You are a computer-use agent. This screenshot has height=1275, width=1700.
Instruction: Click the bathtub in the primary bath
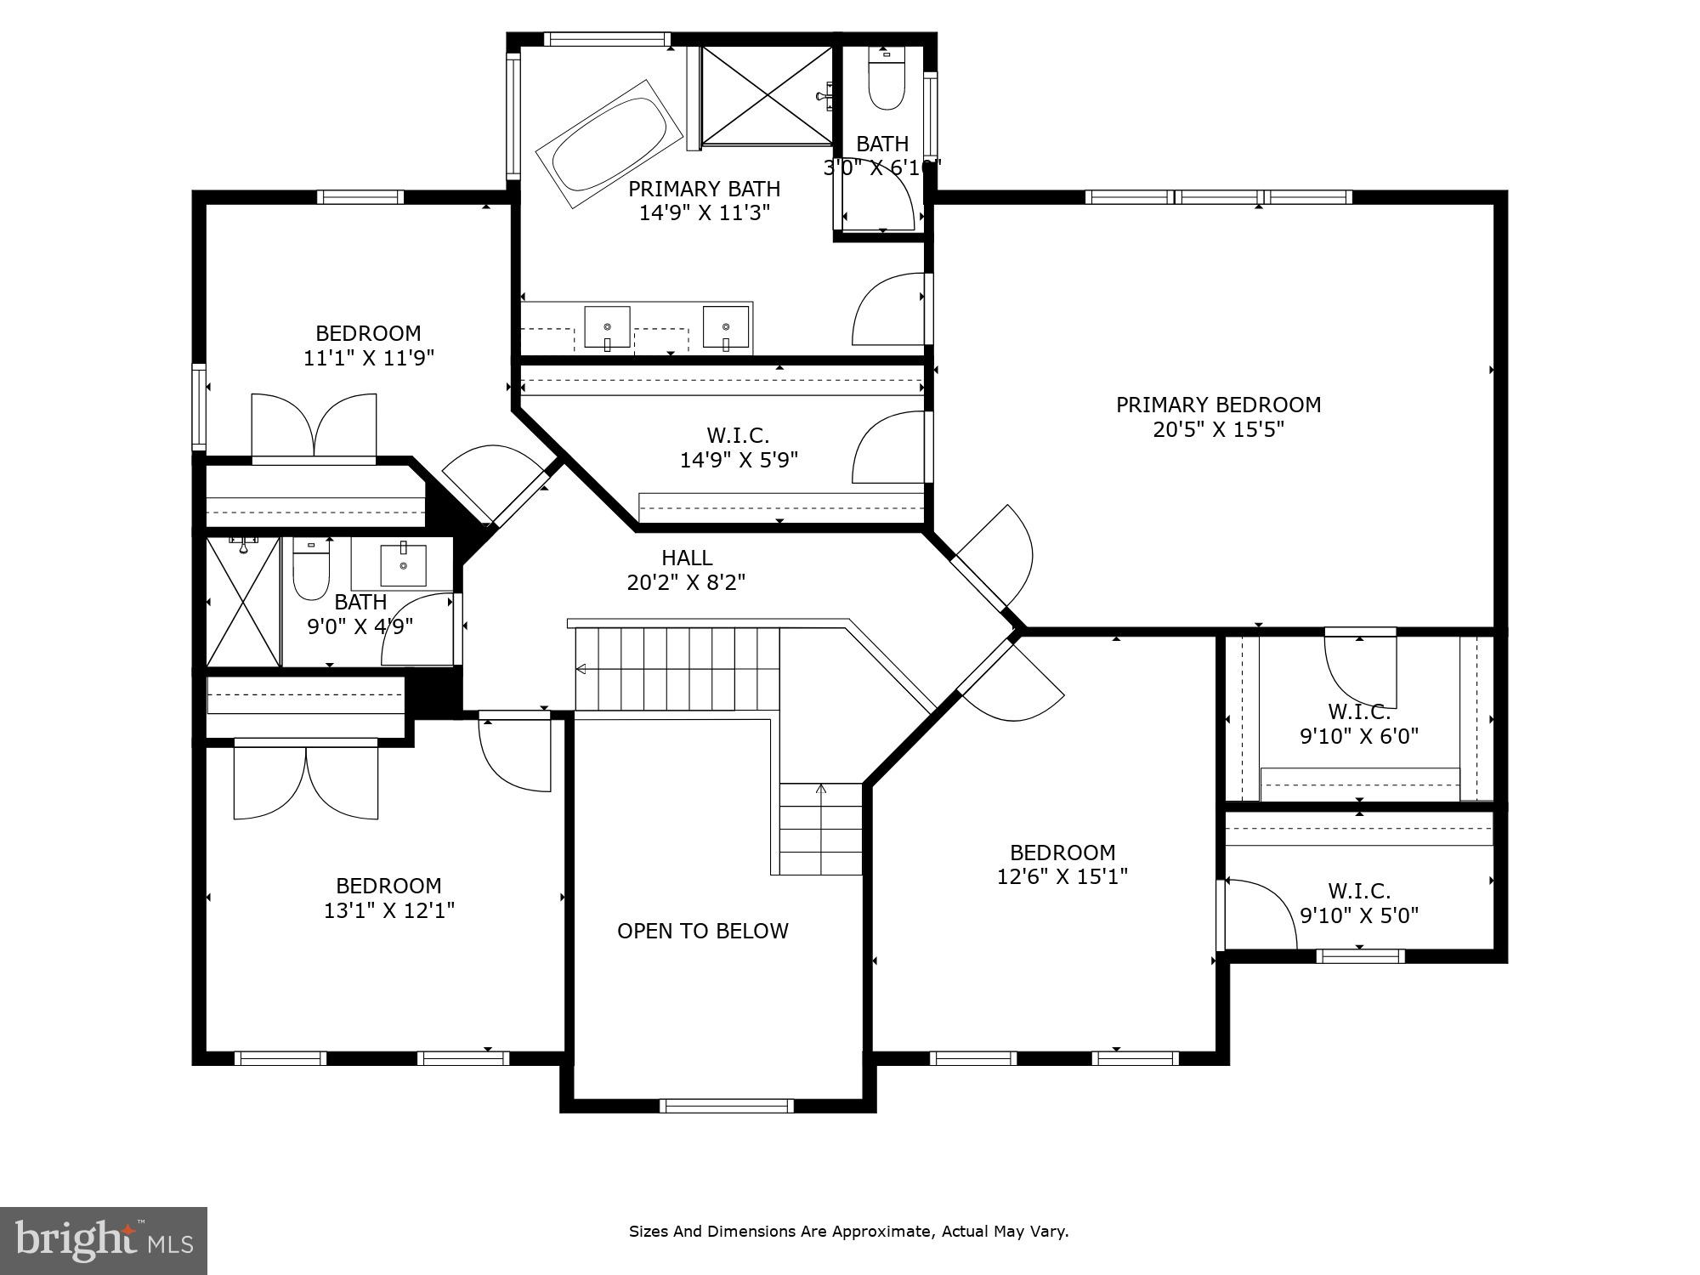(x=610, y=144)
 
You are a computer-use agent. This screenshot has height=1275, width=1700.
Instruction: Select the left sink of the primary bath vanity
(x=607, y=327)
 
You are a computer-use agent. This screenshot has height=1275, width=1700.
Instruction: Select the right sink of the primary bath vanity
(x=726, y=327)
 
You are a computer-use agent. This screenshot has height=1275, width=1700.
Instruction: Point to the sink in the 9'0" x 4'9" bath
(x=403, y=564)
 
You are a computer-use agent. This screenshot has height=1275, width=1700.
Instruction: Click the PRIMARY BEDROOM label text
(x=1218, y=405)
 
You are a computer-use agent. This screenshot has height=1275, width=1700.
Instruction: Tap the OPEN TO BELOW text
(x=702, y=931)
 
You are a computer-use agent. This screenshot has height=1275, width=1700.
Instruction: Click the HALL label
(x=687, y=558)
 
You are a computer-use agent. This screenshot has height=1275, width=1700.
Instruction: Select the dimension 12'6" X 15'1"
(x=1062, y=876)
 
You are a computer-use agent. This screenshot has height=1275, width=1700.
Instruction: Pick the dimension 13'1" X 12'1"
(x=388, y=910)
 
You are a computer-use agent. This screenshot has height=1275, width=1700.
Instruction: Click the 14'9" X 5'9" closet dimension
(x=738, y=460)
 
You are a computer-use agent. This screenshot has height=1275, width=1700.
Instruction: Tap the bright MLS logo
(x=103, y=1240)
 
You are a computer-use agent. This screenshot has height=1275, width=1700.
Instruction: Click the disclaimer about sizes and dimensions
(x=848, y=1231)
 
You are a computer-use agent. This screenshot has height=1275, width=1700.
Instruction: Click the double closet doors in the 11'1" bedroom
(x=314, y=425)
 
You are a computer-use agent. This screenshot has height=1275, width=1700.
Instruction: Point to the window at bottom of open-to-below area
(x=726, y=1105)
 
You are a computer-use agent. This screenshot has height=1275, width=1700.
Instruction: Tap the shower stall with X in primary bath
(x=767, y=95)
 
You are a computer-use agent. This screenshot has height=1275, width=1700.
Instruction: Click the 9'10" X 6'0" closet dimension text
(x=1358, y=736)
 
